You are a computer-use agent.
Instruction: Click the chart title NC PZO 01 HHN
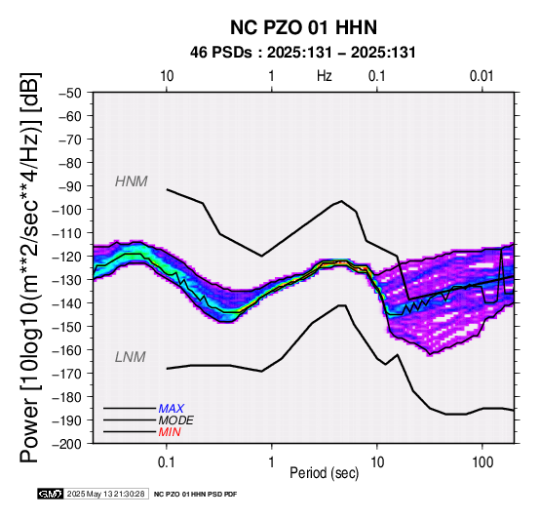pos(303,27)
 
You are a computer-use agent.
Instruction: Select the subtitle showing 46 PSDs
pos(303,53)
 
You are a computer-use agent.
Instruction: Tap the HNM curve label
pos(132,181)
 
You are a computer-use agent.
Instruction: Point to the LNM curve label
pos(131,357)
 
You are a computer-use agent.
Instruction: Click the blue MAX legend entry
pos(172,409)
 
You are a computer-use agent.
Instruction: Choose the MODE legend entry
pos(176,420)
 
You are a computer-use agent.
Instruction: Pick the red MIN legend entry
pos(170,432)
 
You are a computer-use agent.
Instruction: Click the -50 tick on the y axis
pos(70,93)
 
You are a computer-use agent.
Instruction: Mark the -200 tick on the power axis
pos(67,444)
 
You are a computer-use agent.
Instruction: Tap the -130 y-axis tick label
pos(67,280)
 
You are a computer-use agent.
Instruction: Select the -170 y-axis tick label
pos(67,374)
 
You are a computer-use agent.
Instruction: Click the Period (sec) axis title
pos(324,473)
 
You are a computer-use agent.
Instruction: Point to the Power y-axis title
pos(30,267)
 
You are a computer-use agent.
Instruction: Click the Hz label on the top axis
pos(324,76)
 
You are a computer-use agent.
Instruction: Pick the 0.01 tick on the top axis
pos(482,76)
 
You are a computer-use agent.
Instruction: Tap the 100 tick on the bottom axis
pos(482,462)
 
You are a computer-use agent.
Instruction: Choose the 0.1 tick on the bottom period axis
pos(167,462)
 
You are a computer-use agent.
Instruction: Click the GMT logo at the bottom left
pos(51,494)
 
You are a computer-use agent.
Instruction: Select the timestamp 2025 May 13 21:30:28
pos(105,494)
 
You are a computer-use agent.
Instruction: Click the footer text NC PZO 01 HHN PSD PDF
pos(195,495)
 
